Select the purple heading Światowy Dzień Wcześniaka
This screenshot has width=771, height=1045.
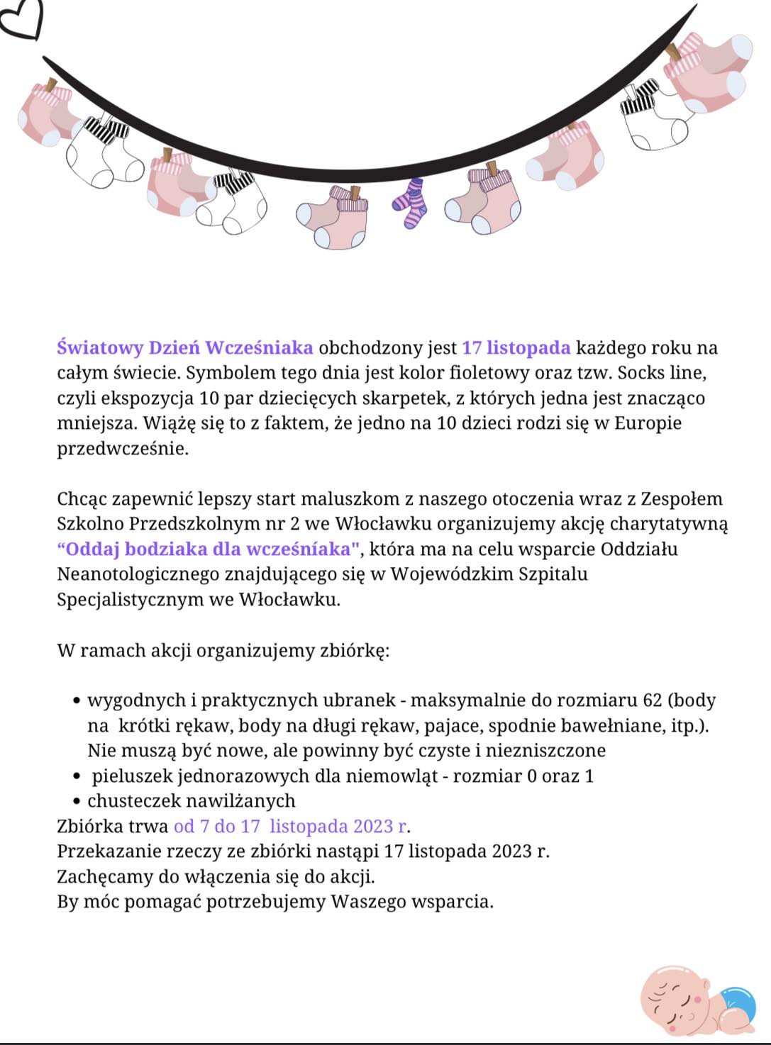pos(185,347)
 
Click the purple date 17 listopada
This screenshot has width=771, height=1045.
pos(516,347)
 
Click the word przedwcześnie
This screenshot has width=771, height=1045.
pos(122,448)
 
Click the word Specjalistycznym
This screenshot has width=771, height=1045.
pos(131,599)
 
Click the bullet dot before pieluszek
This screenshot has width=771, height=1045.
pos(77,776)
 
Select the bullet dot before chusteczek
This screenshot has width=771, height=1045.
pos(77,802)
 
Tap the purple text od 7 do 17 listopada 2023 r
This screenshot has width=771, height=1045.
pos(291,826)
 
